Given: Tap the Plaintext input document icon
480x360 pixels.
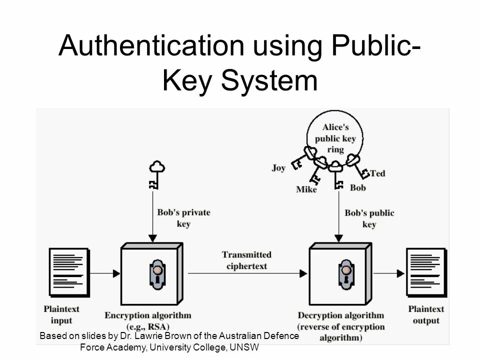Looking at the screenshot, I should click(64, 272).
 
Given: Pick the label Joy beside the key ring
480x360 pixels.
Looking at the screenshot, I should click(278, 168).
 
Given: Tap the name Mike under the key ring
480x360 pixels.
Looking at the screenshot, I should click(306, 189).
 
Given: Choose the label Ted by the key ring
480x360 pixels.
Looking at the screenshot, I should click(378, 173).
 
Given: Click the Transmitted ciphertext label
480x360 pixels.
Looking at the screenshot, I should click(247, 260).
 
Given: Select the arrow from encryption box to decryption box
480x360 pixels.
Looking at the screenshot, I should click(247, 273).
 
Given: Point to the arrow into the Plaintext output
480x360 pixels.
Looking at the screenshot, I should click(389, 273).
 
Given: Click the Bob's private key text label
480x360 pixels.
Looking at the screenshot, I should click(184, 218).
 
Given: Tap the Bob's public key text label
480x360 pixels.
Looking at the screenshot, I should click(369, 219).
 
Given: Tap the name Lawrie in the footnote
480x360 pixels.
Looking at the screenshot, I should click(158, 336).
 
